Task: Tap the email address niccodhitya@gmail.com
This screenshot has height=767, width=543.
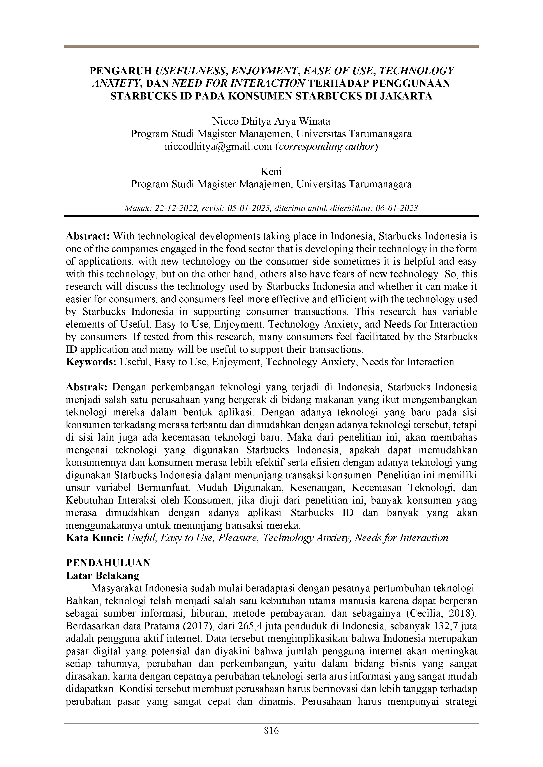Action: point(218,147)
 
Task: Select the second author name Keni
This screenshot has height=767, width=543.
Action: point(271,172)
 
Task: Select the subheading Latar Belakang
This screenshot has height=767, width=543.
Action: point(102,576)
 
